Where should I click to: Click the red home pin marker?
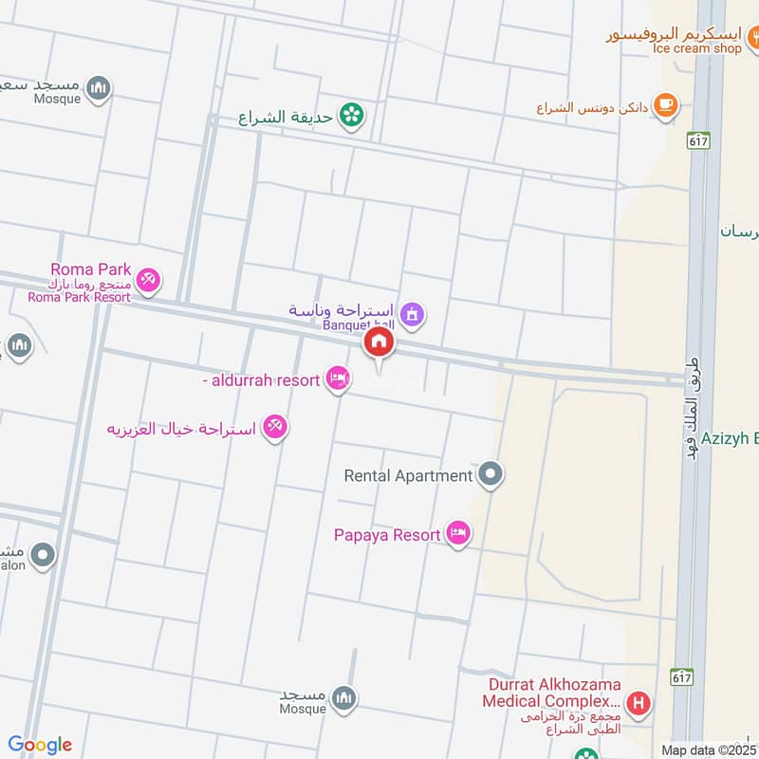coord(379,343)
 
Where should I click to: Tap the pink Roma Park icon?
coord(148,280)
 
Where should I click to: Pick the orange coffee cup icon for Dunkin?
coord(667,105)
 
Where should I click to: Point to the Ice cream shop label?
coord(696,47)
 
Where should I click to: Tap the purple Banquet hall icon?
coord(412,312)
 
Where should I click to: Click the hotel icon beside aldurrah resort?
coord(336,379)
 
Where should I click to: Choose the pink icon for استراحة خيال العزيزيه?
coord(276,428)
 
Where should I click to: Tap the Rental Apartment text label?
coord(408,475)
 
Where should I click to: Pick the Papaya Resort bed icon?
coord(458,535)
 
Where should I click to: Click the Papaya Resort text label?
coord(387,535)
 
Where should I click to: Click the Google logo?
coord(39,745)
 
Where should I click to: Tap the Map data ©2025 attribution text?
coord(709,750)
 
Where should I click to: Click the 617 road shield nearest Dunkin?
coord(699,139)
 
